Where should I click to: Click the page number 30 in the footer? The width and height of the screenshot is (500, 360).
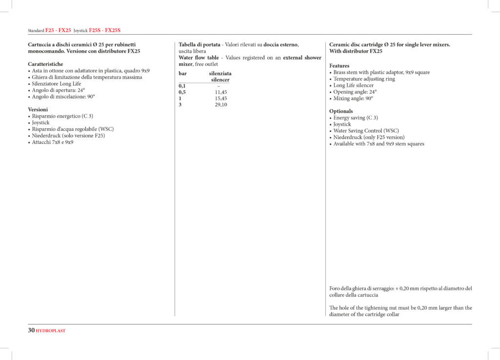(x=31, y=330)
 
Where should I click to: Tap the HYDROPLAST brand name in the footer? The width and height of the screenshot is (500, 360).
(x=51, y=331)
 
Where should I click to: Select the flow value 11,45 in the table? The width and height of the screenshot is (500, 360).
(x=221, y=92)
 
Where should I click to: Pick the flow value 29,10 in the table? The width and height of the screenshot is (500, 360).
(x=221, y=104)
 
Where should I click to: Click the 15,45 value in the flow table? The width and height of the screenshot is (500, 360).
(x=221, y=98)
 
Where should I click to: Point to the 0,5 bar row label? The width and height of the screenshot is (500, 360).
(x=182, y=92)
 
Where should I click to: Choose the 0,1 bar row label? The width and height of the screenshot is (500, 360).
(x=182, y=85)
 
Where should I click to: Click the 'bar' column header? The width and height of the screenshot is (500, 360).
(x=183, y=73)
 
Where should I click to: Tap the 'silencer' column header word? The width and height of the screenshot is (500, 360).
(x=220, y=80)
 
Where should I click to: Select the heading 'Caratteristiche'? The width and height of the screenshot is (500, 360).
(x=45, y=64)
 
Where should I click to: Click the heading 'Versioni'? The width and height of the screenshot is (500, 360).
(x=38, y=109)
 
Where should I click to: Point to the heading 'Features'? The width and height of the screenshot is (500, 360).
(x=339, y=66)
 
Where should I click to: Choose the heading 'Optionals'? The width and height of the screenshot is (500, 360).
(x=341, y=111)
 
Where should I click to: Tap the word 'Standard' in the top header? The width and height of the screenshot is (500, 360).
(x=36, y=31)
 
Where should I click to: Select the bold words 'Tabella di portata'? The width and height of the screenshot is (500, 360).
(x=199, y=44)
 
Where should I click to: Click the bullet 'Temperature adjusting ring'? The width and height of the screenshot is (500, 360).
(x=364, y=79)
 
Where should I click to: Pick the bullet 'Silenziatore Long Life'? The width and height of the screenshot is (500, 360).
(x=57, y=83)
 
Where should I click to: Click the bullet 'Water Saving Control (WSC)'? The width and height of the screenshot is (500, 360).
(x=366, y=131)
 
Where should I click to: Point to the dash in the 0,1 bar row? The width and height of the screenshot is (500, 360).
(x=218, y=85)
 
